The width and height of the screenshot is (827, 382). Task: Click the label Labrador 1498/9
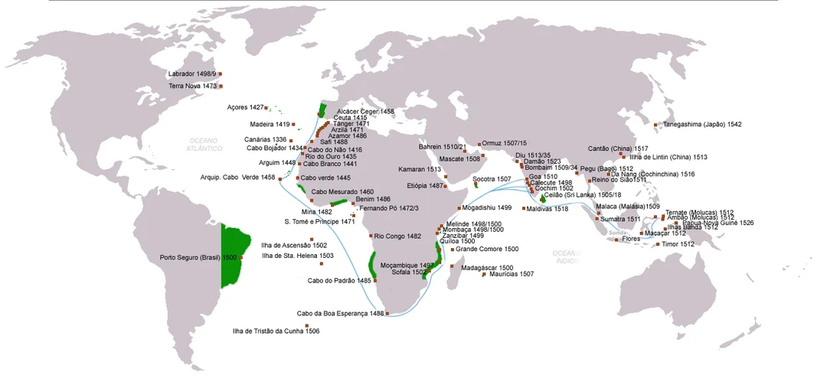[x=191, y=73]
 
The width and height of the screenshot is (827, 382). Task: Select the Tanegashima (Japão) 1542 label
[x=701, y=124]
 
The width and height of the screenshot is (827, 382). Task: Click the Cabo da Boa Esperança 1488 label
[x=340, y=313]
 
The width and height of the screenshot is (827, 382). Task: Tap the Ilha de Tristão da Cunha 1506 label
[x=276, y=331]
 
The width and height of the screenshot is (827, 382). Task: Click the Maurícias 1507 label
[x=512, y=274]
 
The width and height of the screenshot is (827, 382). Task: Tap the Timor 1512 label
[x=678, y=244]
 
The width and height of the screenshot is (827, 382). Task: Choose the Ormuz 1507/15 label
[x=505, y=143]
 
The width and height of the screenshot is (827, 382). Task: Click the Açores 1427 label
[x=245, y=108]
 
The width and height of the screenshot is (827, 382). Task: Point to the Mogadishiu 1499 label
[x=487, y=207]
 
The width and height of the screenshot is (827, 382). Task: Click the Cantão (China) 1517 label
[x=617, y=149]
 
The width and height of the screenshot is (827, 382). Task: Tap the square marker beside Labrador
[x=220, y=73]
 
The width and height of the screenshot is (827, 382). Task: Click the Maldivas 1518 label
[x=548, y=208]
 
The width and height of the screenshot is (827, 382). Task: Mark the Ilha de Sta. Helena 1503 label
[x=297, y=256]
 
